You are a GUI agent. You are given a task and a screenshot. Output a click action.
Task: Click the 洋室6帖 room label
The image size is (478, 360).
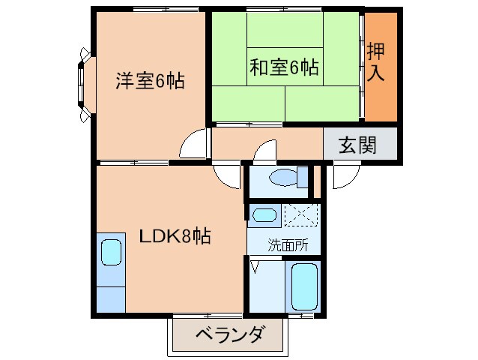(150, 81)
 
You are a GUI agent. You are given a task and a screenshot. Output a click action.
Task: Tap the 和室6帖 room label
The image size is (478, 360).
(284, 67)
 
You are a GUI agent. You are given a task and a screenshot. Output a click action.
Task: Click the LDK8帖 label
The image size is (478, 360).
(175, 237)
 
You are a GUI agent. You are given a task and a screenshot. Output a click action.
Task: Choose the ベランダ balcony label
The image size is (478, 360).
(230, 335)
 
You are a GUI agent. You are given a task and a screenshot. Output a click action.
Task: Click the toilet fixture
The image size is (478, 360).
(289, 178)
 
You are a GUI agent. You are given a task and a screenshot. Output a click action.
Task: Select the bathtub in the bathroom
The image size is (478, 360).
(304, 287)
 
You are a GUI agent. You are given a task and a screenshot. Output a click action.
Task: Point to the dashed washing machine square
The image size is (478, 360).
(302, 215)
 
